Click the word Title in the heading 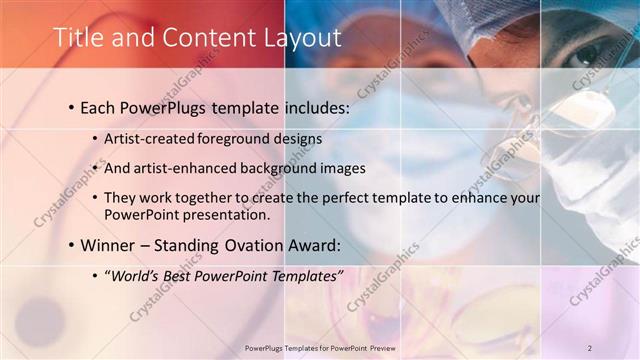coord(76,38)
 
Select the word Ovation coord(261,245)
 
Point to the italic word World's coord(137,275)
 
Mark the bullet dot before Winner coord(72,246)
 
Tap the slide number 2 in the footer coord(590,347)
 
